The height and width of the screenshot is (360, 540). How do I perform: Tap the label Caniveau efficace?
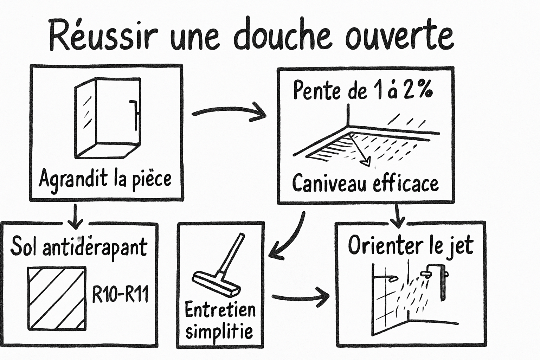coord(365,183)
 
